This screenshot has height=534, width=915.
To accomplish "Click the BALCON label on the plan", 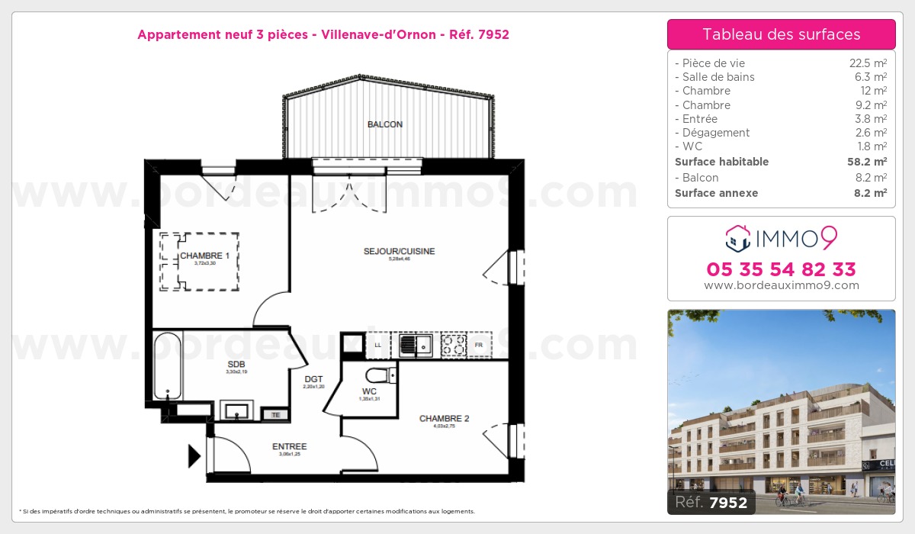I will point(384,124).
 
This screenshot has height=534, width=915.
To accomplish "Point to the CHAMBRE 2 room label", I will point(444,418).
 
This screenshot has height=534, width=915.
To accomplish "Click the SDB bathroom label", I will point(236,364).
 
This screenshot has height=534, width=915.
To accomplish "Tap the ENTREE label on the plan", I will point(289,446).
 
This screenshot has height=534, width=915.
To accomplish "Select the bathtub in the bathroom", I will point(167,365).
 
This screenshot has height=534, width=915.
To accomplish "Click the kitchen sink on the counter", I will point(415,346).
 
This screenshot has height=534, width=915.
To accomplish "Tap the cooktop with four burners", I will point(453,346).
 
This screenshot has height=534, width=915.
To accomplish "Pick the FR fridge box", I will point(479,346).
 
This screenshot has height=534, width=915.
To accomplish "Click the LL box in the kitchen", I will point(377,346).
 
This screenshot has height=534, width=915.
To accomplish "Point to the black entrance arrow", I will point(194,457).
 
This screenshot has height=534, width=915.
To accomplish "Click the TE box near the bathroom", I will point(275,414).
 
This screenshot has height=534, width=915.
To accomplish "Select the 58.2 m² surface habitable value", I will point(869,162).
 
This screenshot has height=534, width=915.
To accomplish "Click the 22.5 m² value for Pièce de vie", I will point(869,63).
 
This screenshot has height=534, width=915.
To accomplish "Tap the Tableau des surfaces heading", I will point(781,34).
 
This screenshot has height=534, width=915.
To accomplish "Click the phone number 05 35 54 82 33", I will point(781,269).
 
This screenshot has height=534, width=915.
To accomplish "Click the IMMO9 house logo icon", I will point(737,239).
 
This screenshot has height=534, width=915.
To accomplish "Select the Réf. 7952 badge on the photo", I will point(711,502).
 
